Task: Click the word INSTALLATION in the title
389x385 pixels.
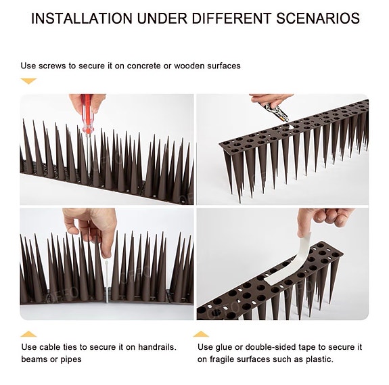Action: [82, 18]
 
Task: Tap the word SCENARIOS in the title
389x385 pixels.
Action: [318, 18]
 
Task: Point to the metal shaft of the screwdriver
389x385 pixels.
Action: [89, 153]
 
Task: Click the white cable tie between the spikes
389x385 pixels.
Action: [107, 280]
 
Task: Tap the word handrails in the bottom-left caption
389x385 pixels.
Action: [157, 347]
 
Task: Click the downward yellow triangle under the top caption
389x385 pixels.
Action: [28, 81]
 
